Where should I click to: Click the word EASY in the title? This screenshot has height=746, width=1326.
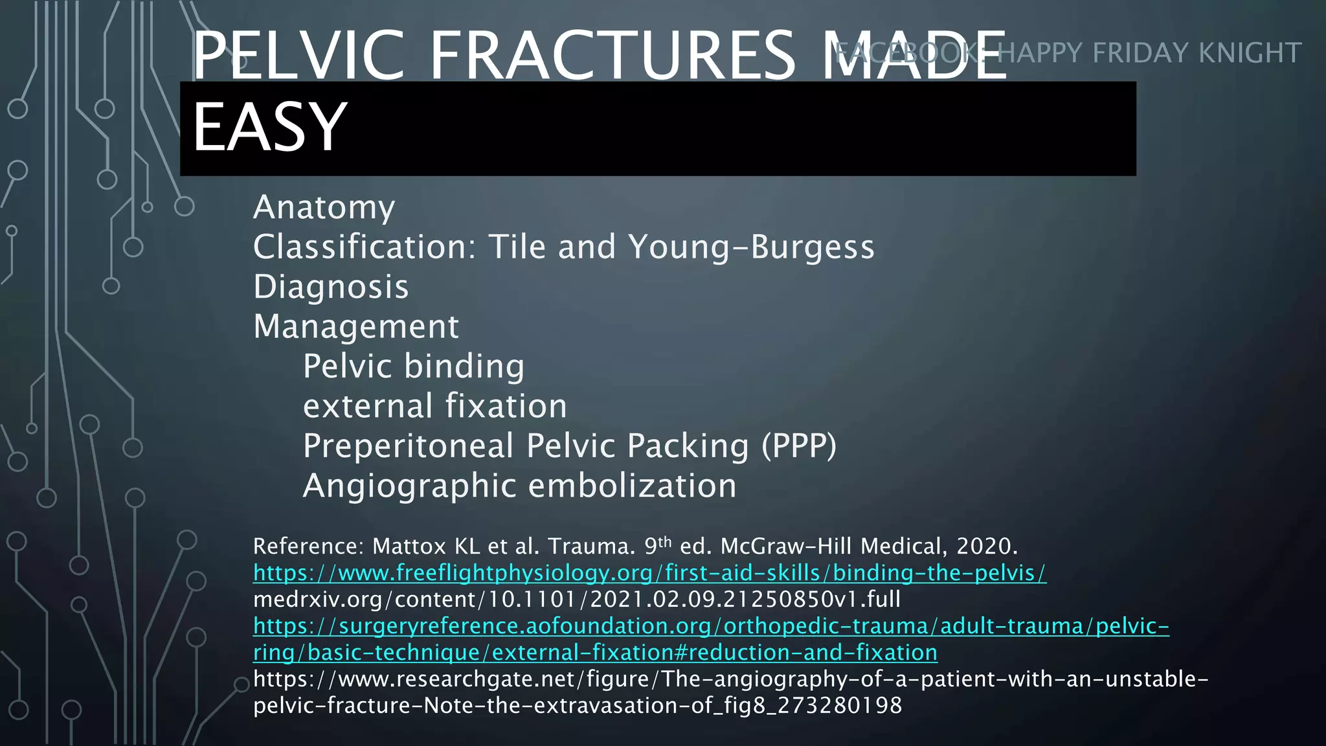[x=269, y=127]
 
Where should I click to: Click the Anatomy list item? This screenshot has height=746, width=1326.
[x=324, y=208]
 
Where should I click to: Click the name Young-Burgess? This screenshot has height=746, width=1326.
[x=751, y=247]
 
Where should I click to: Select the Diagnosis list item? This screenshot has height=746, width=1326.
[x=331, y=287]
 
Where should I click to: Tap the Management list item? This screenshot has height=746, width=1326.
[x=356, y=326]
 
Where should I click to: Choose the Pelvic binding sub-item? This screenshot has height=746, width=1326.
[x=414, y=367]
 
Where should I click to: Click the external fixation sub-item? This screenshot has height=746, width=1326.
[x=435, y=406]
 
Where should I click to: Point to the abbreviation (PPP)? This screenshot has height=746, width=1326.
[x=798, y=446]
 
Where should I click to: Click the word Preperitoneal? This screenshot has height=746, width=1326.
[x=408, y=446]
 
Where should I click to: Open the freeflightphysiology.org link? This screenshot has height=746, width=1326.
[x=649, y=573]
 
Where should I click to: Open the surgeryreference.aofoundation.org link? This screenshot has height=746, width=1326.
[x=711, y=626]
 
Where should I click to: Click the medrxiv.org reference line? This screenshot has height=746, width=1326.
[x=576, y=600]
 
